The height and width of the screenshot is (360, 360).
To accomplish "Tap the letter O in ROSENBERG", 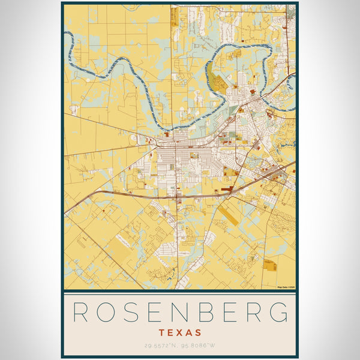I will tap(107, 312).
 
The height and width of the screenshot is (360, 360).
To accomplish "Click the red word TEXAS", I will tap(180, 332).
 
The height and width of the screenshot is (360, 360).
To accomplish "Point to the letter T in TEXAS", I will tap(163, 332).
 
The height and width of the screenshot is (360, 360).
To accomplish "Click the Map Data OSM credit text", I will tap(286, 287).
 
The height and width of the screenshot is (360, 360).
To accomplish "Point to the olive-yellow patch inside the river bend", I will tap(220, 83).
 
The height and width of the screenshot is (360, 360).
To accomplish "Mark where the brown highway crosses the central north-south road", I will tap(177, 196).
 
